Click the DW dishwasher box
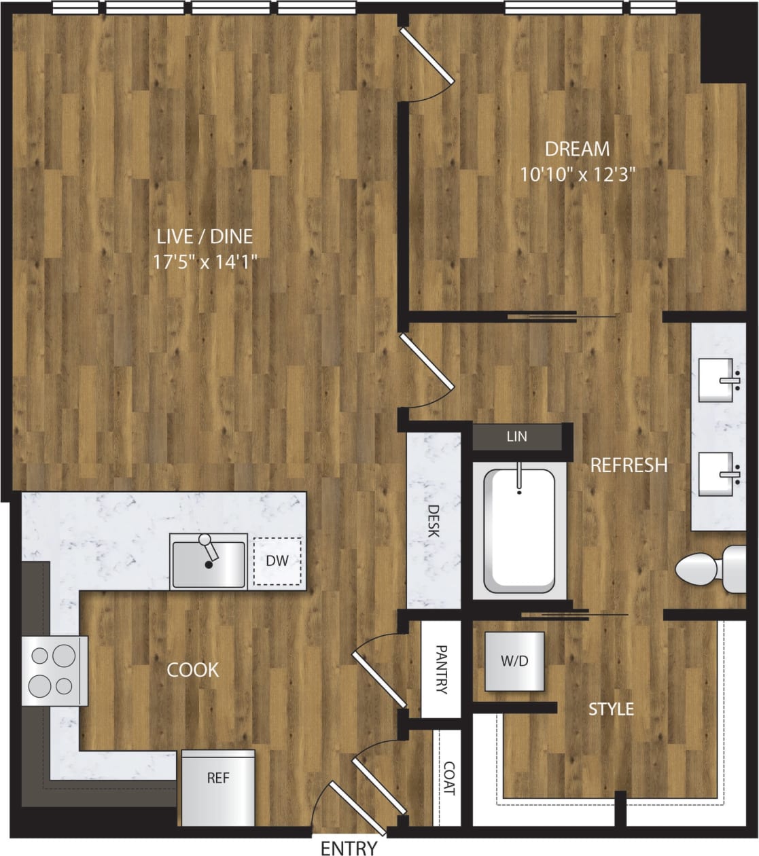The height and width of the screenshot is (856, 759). point(277,561)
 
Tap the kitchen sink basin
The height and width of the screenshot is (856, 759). point(208,564)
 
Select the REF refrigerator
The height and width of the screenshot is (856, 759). point(217,787)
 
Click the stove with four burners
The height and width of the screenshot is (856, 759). point(54,671)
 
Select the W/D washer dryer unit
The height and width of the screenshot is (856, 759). point(514,661)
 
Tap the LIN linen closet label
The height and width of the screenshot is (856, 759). point(516,437)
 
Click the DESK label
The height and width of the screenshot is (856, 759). point(434,520)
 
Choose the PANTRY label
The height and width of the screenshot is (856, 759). point(441,669)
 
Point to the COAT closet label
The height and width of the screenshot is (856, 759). point(448,778)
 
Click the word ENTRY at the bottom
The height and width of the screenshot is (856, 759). point(349,847)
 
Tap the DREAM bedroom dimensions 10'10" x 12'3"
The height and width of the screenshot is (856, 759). point(577,175)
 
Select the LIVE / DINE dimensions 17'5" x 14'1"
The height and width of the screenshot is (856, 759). point(205,262)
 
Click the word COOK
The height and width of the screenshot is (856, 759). point(193,671)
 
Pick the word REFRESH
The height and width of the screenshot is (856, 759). point(629,465)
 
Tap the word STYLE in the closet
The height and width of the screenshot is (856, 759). point(611,709)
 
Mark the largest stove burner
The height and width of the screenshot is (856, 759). point(62,656)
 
